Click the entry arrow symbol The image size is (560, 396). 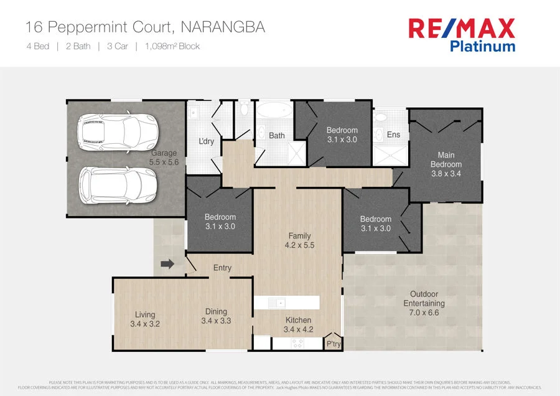click(167, 264)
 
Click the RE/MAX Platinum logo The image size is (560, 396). click(461, 35)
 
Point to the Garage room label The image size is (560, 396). click(164, 153)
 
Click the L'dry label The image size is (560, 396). click(206, 141)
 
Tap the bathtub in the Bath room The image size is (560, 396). click(274, 112)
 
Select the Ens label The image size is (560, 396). click(393, 134)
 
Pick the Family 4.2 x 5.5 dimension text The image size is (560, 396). click(299, 245)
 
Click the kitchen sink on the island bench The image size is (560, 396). click(276, 303)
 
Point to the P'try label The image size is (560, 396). click(334, 344)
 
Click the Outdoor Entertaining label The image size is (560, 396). click(424, 299)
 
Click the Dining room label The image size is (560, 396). click(216, 311)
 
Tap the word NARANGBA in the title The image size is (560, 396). click(222, 27)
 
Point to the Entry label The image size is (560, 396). click(222, 268)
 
